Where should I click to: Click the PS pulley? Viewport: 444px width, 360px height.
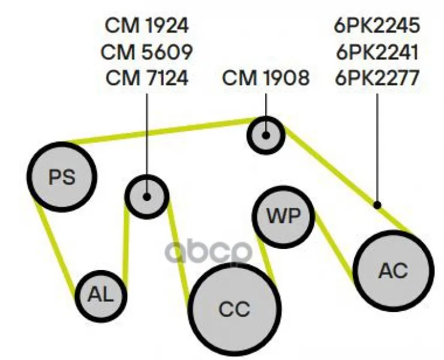coord(62,177)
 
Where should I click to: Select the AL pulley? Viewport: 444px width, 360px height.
coord(101,296)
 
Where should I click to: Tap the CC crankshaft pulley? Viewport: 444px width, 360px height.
coord(235,309)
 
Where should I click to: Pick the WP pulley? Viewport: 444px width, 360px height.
coord(283,217)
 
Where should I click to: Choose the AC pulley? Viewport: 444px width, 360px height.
coord(394,271)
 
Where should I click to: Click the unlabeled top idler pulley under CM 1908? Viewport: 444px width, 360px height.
coord(266,135)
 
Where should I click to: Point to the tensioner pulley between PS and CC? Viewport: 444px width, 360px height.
coord(146,197)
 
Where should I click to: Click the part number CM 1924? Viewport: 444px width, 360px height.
coord(146,25)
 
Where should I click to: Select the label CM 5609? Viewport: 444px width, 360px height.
coord(146,52)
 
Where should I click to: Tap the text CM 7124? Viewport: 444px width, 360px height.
coord(147,78)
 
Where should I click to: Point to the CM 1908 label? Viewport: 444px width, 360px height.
coord(266,78)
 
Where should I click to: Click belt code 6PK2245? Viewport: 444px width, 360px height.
coord(377,25)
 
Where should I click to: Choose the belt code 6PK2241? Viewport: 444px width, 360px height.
coord(377,52)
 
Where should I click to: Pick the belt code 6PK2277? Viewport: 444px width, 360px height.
coord(377,78)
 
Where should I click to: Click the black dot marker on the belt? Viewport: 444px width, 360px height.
coord(377,205)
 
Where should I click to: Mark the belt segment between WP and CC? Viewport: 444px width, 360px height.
coord(266,259)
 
